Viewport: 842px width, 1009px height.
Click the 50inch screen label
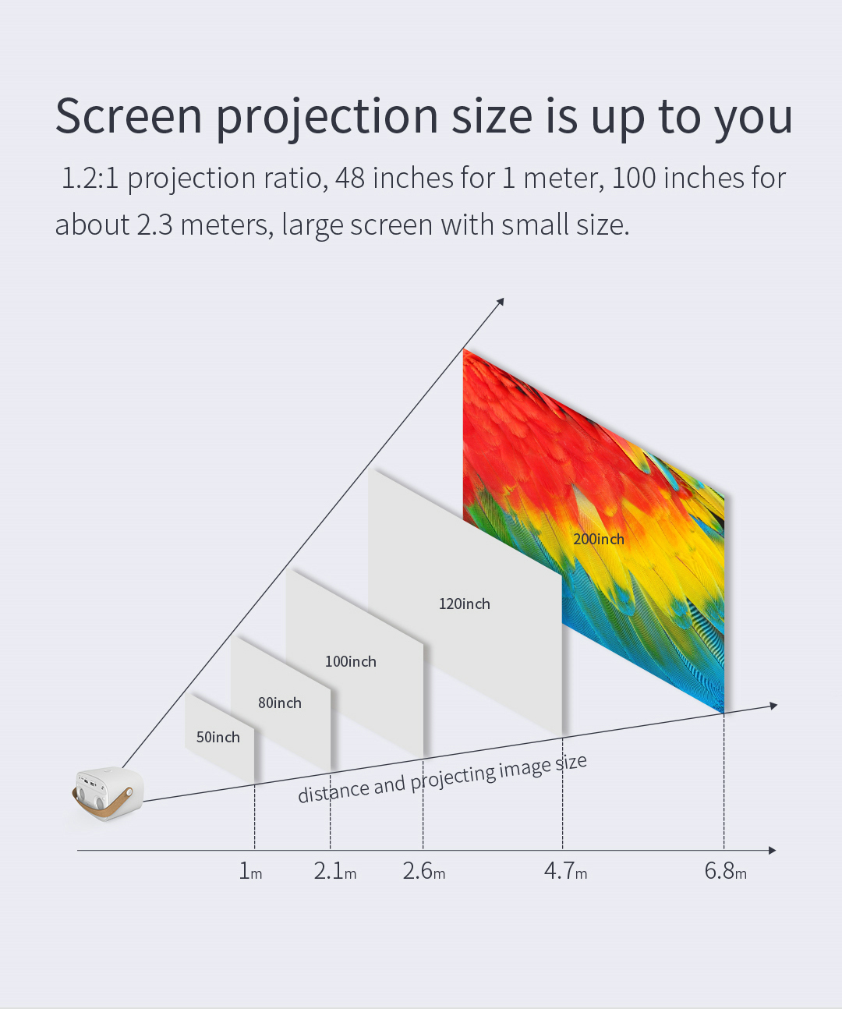point(218,737)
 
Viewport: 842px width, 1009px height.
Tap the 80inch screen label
point(280,703)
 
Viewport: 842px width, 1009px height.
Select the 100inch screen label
point(350,661)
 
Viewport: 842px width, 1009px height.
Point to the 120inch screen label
point(464,604)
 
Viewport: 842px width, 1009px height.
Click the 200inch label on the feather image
point(599,539)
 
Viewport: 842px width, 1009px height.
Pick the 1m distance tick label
point(250,871)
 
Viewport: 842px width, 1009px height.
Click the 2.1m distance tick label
point(334,871)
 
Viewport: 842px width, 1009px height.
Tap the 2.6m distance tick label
point(423,871)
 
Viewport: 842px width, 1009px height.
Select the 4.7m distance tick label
point(565,871)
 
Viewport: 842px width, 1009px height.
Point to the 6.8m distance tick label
point(725,871)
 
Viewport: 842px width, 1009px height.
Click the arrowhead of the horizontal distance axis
point(772,851)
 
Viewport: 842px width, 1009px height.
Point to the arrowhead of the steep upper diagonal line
point(501,302)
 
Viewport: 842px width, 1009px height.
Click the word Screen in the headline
point(129,116)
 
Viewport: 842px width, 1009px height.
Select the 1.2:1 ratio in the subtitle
point(90,178)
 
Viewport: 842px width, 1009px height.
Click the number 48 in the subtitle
point(350,178)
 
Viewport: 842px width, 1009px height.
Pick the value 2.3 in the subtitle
point(154,225)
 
